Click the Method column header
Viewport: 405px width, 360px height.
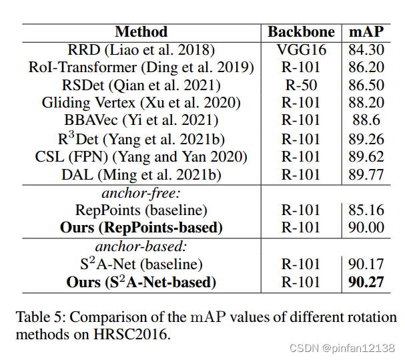tap(141, 32)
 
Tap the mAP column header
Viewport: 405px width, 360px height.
tap(366, 32)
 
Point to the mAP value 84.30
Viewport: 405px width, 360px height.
tap(366, 50)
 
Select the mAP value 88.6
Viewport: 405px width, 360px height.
tap(366, 121)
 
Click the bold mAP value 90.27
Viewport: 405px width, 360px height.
tap(366, 282)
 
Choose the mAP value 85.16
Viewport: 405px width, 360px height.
tap(366, 210)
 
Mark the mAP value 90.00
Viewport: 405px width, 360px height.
tap(366, 228)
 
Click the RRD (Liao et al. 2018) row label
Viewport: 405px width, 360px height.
tap(141, 50)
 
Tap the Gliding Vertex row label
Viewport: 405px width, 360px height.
tap(141, 103)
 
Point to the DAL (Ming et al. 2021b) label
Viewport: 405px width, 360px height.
tap(141, 174)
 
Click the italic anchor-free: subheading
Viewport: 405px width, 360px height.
tap(141, 192)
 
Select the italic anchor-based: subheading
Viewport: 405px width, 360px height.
tap(141, 246)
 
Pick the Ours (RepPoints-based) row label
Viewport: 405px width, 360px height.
tap(141, 228)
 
